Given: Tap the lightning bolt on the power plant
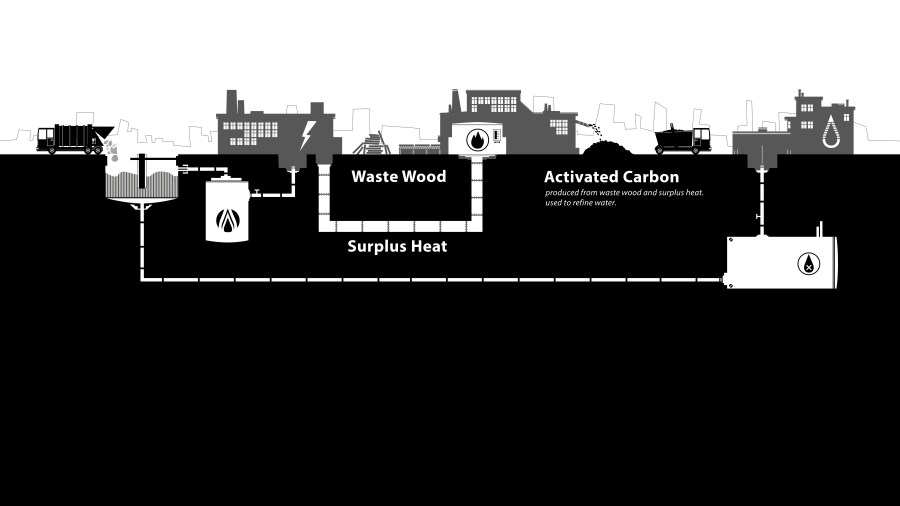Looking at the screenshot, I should coord(308,134).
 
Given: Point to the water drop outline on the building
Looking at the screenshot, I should coord(830,135).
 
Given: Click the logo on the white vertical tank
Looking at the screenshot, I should coord(229,221).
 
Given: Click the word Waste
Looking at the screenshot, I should coord(376,176).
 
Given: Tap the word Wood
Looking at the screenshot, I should coord(425,176).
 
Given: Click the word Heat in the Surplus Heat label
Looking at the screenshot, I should coord(430,245).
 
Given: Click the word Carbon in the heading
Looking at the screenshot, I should coord(654,177).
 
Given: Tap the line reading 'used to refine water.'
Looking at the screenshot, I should coord(580,202).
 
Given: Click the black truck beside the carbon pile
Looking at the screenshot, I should coord(683,140).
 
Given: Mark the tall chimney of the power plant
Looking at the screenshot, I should coord(233,102).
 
